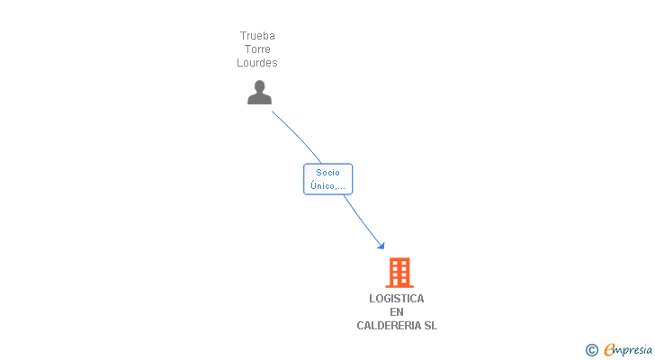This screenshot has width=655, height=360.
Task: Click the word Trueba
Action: pyautogui.click(x=257, y=36)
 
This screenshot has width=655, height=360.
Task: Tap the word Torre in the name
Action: pyautogui.click(x=257, y=49)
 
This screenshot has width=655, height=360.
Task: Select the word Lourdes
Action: pyautogui.click(x=257, y=63)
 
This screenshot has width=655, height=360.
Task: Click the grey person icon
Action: pyautogui.click(x=259, y=92)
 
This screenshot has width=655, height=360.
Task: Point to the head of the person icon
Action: pyautogui.click(x=259, y=86)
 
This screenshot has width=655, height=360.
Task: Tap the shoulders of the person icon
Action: pyautogui.click(x=259, y=99)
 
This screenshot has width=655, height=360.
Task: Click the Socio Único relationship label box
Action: pyautogui.click(x=327, y=179)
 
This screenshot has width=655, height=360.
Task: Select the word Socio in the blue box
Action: pyautogui.click(x=327, y=173)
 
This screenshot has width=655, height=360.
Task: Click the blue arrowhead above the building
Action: pyautogui.click(x=381, y=245)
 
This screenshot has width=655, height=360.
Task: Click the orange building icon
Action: pyautogui.click(x=399, y=272)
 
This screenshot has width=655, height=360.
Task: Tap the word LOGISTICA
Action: pyautogui.click(x=397, y=299)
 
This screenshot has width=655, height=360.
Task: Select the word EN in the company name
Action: pyautogui.click(x=397, y=312)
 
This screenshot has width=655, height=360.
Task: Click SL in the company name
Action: pyautogui.click(x=430, y=326)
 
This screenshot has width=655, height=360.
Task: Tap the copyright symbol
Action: pyautogui.click(x=591, y=350)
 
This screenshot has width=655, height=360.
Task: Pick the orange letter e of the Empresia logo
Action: pyautogui.click(x=610, y=350)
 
